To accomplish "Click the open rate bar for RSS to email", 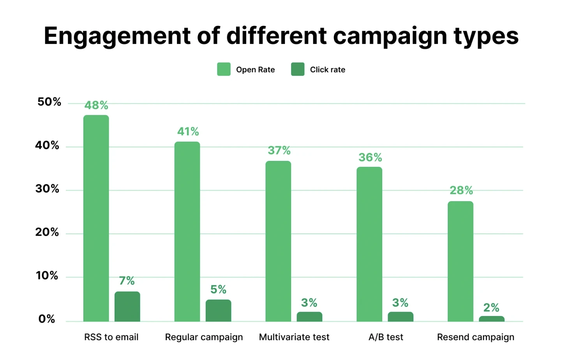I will [96, 218].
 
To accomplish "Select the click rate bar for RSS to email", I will [127, 307].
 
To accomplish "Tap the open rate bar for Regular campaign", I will [187, 231].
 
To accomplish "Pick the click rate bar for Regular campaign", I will [218, 311].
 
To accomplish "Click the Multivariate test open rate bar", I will [278, 241].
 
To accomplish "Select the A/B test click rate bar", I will [400, 317].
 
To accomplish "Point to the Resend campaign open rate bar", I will [460, 261].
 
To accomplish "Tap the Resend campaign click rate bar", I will [491, 319].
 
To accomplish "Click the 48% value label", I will [96, 105].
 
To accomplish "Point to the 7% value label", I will [127, 281].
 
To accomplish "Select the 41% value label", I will [188, 132].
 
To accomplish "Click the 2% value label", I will [491, 308].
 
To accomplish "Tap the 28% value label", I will [461, 191].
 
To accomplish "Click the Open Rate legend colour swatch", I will [224, 69].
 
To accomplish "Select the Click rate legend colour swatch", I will [298, 69].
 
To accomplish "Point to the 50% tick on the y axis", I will [49, 102].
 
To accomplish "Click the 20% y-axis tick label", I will [47, 233].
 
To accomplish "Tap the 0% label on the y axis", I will [47, 319].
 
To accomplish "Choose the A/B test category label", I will [386, 337].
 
